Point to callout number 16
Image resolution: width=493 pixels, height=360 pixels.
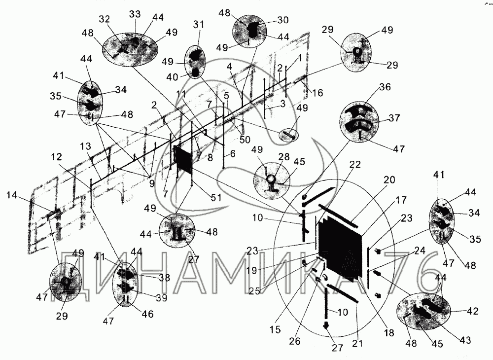pyautogui.click(x=318, y=92)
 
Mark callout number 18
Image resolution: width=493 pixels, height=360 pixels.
pyautogui.click(x=389, y=333)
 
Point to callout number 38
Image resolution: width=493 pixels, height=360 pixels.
pyautogui.click(x=163, y=278)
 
